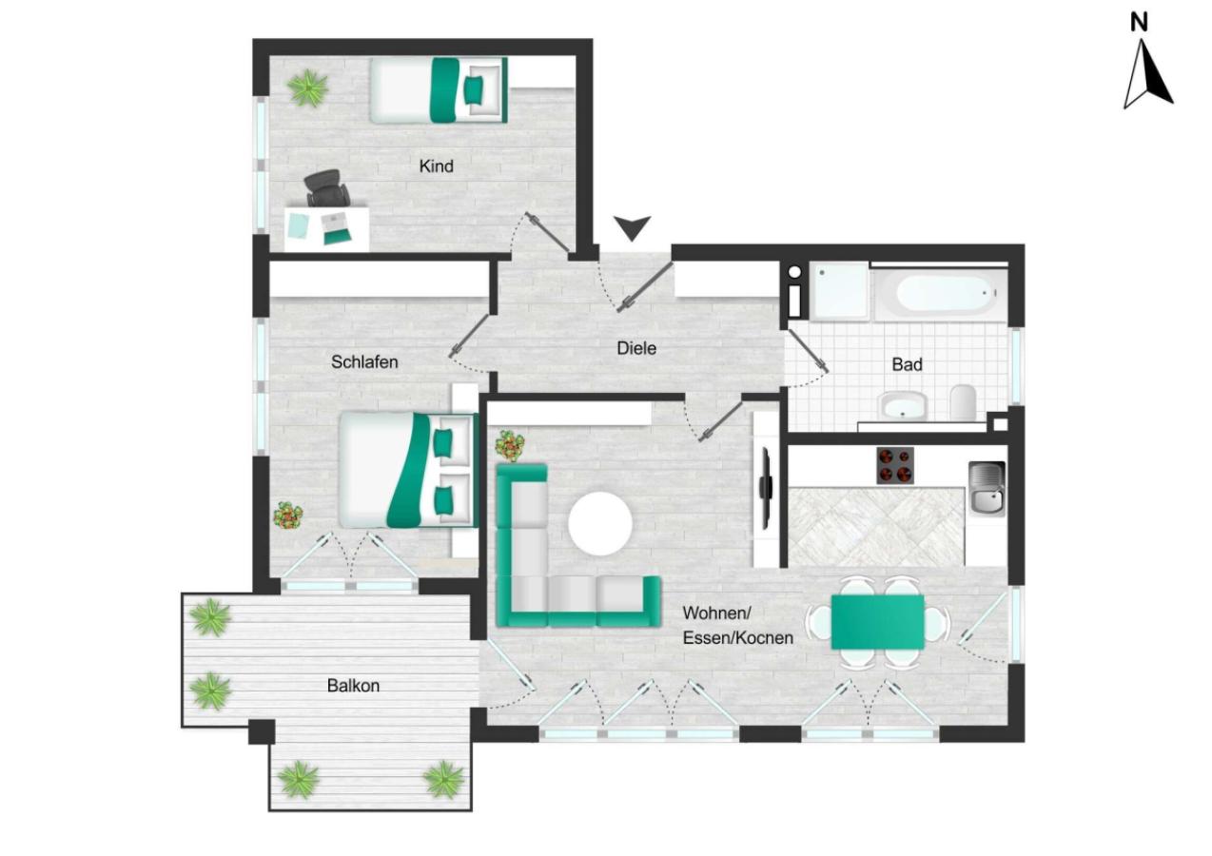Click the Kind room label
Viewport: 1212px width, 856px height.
[436, 166]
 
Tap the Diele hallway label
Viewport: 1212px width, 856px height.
[636, 348]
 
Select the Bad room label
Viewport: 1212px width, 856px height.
[907, 364]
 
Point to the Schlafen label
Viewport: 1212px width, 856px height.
[364, 361]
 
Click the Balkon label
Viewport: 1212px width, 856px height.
[353, 686]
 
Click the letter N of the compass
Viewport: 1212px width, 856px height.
[1139, 22]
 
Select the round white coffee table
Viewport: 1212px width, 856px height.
[600, 524]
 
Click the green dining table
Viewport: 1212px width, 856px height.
[877, 622]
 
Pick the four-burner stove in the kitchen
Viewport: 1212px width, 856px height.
[895, 465]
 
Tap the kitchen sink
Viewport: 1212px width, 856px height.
[987, 488]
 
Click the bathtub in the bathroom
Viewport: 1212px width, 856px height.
[941, 293]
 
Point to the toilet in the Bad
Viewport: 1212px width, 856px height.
[963, 402]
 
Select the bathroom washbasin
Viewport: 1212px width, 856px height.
[903, 406]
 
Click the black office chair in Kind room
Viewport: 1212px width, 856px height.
[326, 187]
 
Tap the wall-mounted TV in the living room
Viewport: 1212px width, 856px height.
[766, 489]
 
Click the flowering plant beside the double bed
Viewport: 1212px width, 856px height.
[288, 516]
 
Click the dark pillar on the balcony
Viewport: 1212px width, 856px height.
[262, 731]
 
